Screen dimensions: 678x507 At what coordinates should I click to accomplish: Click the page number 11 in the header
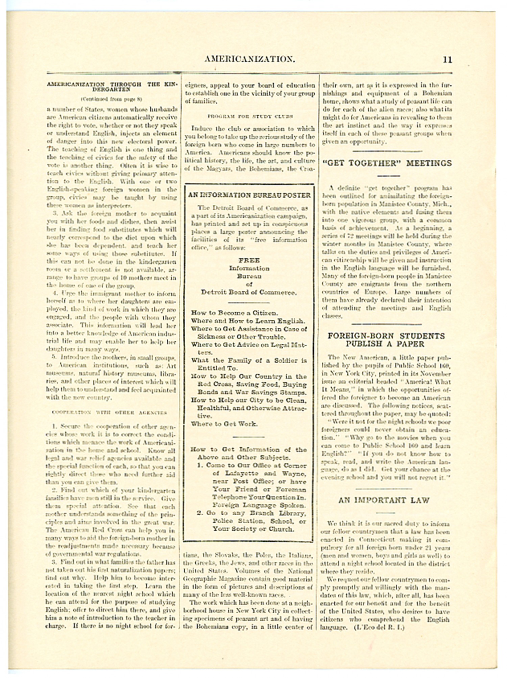(x=447, y=60)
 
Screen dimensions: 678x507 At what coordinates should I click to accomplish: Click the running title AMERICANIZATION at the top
(x=250, y=60)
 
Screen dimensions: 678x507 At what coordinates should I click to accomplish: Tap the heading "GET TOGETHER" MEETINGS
(x=387, y=163)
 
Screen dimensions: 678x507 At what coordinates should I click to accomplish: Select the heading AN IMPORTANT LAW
(x=384, y=500)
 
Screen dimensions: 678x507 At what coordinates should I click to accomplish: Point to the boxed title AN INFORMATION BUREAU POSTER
(x=249, y=195)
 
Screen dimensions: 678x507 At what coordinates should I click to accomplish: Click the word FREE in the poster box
(x=249, y=260)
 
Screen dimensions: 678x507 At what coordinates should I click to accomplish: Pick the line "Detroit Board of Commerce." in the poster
(x=249, y=292)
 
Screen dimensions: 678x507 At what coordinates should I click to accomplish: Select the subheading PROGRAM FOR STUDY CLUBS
(x=250, y=116)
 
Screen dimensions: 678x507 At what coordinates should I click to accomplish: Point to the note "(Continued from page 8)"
(x=111, y=99)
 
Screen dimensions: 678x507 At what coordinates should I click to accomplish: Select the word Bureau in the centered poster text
(x=249, y=276)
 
